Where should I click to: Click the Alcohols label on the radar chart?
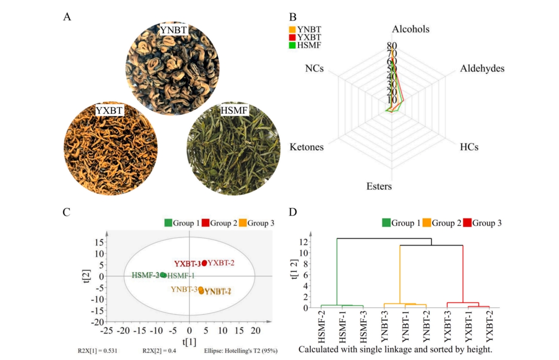tap(411, 29)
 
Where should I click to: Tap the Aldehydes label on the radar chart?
tap(482, 69)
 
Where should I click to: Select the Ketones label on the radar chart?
tap(306, 147)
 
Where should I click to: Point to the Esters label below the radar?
tap(379, 186)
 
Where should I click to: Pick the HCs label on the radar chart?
tap(469, 147)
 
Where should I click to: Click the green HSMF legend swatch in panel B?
tap(292, 45)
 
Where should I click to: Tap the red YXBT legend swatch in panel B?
tap(292, 37)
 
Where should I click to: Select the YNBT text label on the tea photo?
tap(173, 31)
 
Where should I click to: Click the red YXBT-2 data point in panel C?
tap(204, 263)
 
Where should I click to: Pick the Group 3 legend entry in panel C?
tap(261, 223)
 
